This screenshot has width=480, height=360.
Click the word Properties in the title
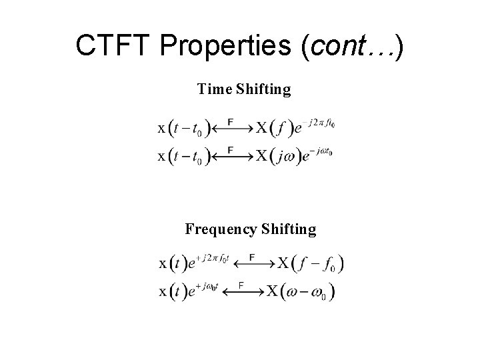[x=225, y=45]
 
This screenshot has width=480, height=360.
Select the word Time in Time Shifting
[x=213, y=89]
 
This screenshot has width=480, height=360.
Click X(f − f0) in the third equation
[x=311, y=263]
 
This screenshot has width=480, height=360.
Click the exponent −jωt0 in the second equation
[x=319, y=152]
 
